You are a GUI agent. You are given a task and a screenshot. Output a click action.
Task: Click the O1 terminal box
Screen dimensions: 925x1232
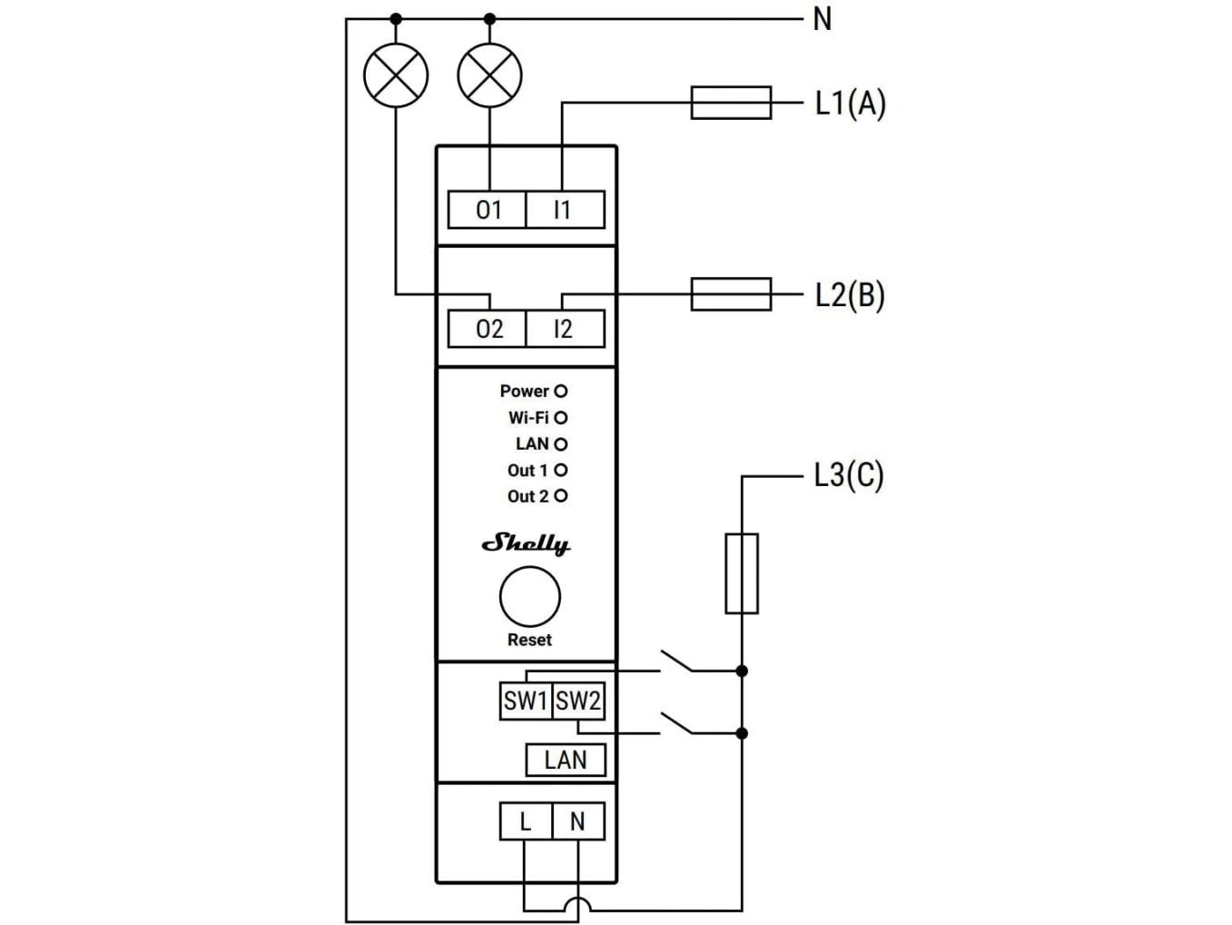point(488,210)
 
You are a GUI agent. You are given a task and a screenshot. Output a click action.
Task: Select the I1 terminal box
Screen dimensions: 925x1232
point(564,210)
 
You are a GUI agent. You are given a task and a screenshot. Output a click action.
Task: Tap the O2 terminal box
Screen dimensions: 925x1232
point(488,329)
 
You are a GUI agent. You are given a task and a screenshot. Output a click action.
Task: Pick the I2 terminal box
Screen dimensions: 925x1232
point(564,329)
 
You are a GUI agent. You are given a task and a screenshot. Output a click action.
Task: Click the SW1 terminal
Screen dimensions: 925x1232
point(526,701)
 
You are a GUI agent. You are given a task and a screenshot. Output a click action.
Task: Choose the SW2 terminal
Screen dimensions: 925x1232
point(578,701)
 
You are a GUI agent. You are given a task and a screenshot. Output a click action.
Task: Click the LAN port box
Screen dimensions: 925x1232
point(565,760)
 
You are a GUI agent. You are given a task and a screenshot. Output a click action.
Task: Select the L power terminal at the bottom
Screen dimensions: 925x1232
point(525,821)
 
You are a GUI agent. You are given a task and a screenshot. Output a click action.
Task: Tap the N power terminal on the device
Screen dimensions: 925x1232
point(577,821)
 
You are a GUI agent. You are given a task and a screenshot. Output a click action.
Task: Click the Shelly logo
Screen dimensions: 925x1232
point(527,543)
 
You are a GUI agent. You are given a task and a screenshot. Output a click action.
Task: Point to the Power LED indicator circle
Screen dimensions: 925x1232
point(561,391)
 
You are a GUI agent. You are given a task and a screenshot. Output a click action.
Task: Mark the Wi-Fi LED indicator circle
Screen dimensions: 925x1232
point(561,418)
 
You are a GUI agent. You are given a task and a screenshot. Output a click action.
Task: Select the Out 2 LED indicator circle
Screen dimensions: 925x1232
point(561,496)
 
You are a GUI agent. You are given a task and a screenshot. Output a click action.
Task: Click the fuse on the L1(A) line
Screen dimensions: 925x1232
point(731,103)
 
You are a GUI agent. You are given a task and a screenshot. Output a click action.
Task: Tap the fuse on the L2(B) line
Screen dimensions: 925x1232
point(731,294)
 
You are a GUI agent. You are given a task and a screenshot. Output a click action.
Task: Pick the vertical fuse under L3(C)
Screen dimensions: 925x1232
point(742,573)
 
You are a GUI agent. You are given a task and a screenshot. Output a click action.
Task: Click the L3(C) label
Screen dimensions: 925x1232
point(848,475)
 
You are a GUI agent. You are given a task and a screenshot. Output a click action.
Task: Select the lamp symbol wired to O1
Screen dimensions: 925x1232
point(490,75)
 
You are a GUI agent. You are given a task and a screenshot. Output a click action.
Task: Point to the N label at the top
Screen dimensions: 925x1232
point(823,19)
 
